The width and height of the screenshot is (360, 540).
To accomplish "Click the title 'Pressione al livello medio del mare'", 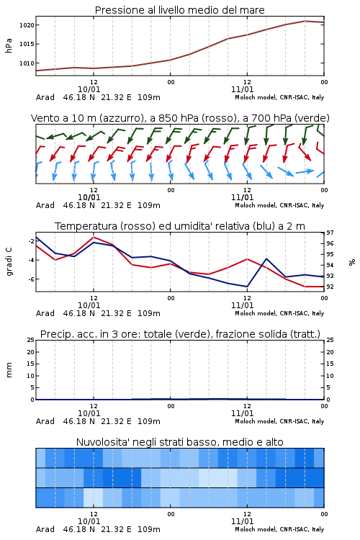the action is point(179,10).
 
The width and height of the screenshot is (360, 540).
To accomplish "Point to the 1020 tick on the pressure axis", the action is point(27,25).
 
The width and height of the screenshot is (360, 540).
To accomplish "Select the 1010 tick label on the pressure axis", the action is point(27,63).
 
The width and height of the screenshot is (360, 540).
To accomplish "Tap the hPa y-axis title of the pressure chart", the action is point(9,45).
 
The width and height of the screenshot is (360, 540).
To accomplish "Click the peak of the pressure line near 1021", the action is point(305,21).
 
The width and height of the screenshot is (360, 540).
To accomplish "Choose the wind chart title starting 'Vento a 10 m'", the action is point(180,118).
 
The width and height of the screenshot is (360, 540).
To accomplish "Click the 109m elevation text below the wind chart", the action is point(149,205).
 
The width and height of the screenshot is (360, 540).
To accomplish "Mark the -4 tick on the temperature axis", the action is point(31,260).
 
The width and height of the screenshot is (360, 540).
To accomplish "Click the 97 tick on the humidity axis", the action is point(330,233).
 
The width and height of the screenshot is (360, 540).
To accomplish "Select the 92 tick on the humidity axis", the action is point(330,287).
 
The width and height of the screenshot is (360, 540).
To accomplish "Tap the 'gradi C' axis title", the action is point(9,261).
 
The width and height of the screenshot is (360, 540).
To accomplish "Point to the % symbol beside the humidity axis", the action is point(352,262).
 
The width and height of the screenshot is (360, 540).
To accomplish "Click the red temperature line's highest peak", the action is point(94,237).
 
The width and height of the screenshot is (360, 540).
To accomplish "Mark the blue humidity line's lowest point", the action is point(247,287).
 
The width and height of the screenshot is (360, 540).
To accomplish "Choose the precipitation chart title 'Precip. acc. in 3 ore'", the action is point(180,334).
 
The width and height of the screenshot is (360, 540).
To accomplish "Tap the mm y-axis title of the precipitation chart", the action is point(9,370).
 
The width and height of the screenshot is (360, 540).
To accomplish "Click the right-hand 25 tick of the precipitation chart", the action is point(330,341).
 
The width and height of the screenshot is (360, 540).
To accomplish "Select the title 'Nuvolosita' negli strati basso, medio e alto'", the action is point(179,442).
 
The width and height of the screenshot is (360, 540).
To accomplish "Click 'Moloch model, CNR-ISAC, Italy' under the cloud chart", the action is point(279,529).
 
